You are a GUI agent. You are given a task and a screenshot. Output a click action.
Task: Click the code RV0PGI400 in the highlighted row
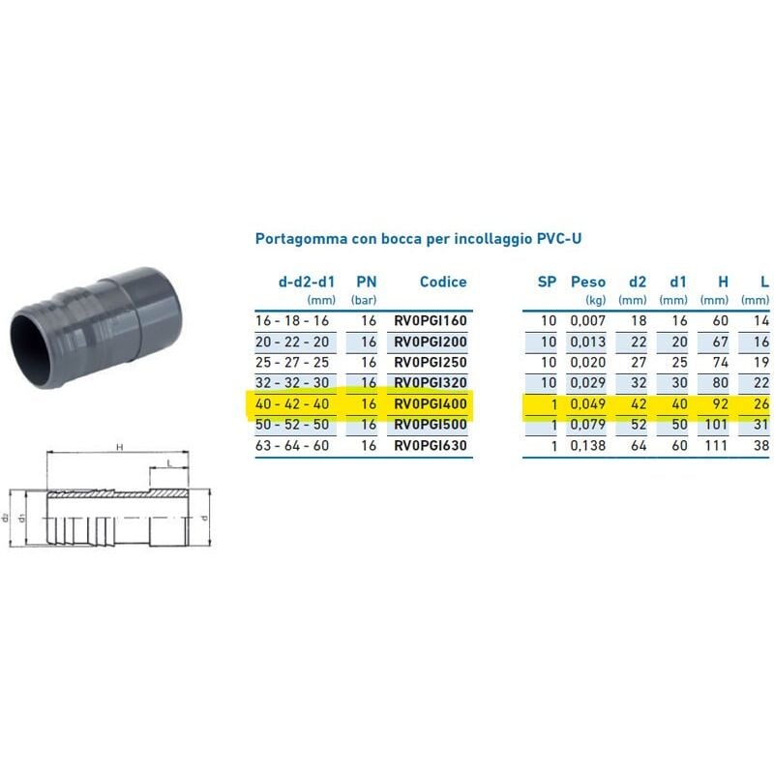coord(430,403)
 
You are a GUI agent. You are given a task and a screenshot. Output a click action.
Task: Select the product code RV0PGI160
coord(430,321)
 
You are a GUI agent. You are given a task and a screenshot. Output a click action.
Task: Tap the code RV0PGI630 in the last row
coord(430,445)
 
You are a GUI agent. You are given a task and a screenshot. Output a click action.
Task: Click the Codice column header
coord(443,282)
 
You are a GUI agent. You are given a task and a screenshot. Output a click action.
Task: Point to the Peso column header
coord(588,282)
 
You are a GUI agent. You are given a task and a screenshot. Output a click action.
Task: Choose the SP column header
coord(547,282)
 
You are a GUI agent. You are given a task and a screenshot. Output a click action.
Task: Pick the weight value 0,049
coord(588,403)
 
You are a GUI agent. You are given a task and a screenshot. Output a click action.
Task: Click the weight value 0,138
coord(588,445)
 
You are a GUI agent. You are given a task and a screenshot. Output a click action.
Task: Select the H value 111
coord(716,445)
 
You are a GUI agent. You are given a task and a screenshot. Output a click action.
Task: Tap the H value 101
coord(716,425)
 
